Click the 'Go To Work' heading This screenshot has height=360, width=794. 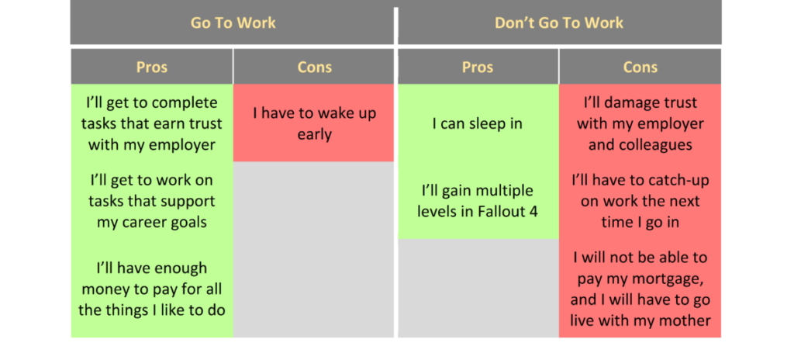[x=233, y=23]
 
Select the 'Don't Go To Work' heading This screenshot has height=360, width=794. [x=558, y=23]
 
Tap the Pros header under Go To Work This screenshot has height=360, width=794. [x=152, y=67]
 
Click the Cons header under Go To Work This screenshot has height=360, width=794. [x=314, y=67]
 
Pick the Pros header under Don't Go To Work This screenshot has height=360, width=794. [x=478, y=67]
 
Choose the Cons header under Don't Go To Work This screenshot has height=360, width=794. [x=640, y=67]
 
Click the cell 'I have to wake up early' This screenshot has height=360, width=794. [x=314, y=123]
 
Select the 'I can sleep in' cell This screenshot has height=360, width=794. [x=478, y=123]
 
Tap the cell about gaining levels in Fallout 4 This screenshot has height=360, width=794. [x=478, y=200]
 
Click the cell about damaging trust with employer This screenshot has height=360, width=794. [x=640, y=123]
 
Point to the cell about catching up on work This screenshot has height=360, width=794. [x=640, y=200]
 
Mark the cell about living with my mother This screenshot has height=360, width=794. [x=640, y=289]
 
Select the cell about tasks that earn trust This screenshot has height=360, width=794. [x=152, y=123]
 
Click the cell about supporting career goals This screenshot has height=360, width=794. [x=152, y=201]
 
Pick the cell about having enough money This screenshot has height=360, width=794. [x=152, y=289]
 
